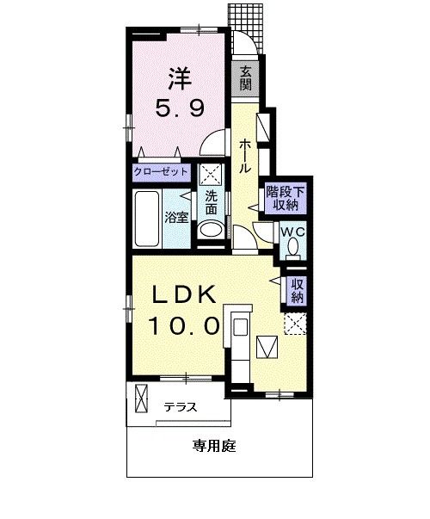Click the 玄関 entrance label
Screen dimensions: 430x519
pyautogui.click(x=245, y=78)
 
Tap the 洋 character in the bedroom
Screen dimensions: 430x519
pyautogui.click(x=180, y=78)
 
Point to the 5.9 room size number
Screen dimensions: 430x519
pyautogui.click(x=180, y=108)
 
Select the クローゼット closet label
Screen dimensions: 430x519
pyautogui.click(x=161, y=172)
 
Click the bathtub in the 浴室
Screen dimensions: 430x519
pyautogui.click(x=147, y=219)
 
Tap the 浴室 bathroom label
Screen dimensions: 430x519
pyautogui.click(x=176, y=218)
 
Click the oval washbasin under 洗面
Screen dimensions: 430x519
pyautogui.click(x=211, y=230)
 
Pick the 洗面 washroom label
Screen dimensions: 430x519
pyautogui.click(x=212, y=203)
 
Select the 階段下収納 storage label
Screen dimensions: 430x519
pyautogui.click(x=286, y=199)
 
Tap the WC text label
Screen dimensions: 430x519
pyautogui.click(x=292, y=232)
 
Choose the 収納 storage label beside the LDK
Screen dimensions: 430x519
pyautogui.click(x=297, y=290)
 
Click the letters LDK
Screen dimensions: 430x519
pyautogui.click(x=184, y=294)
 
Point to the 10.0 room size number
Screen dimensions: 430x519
pyautogui.click(x=184, y=325)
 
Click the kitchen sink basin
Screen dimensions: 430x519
pyautogui.click(x=241, y=327)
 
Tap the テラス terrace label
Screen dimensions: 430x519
pyautogui.click(x=181, y=407)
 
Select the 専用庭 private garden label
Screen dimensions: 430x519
pyautogui.click(x=214, y=446)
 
